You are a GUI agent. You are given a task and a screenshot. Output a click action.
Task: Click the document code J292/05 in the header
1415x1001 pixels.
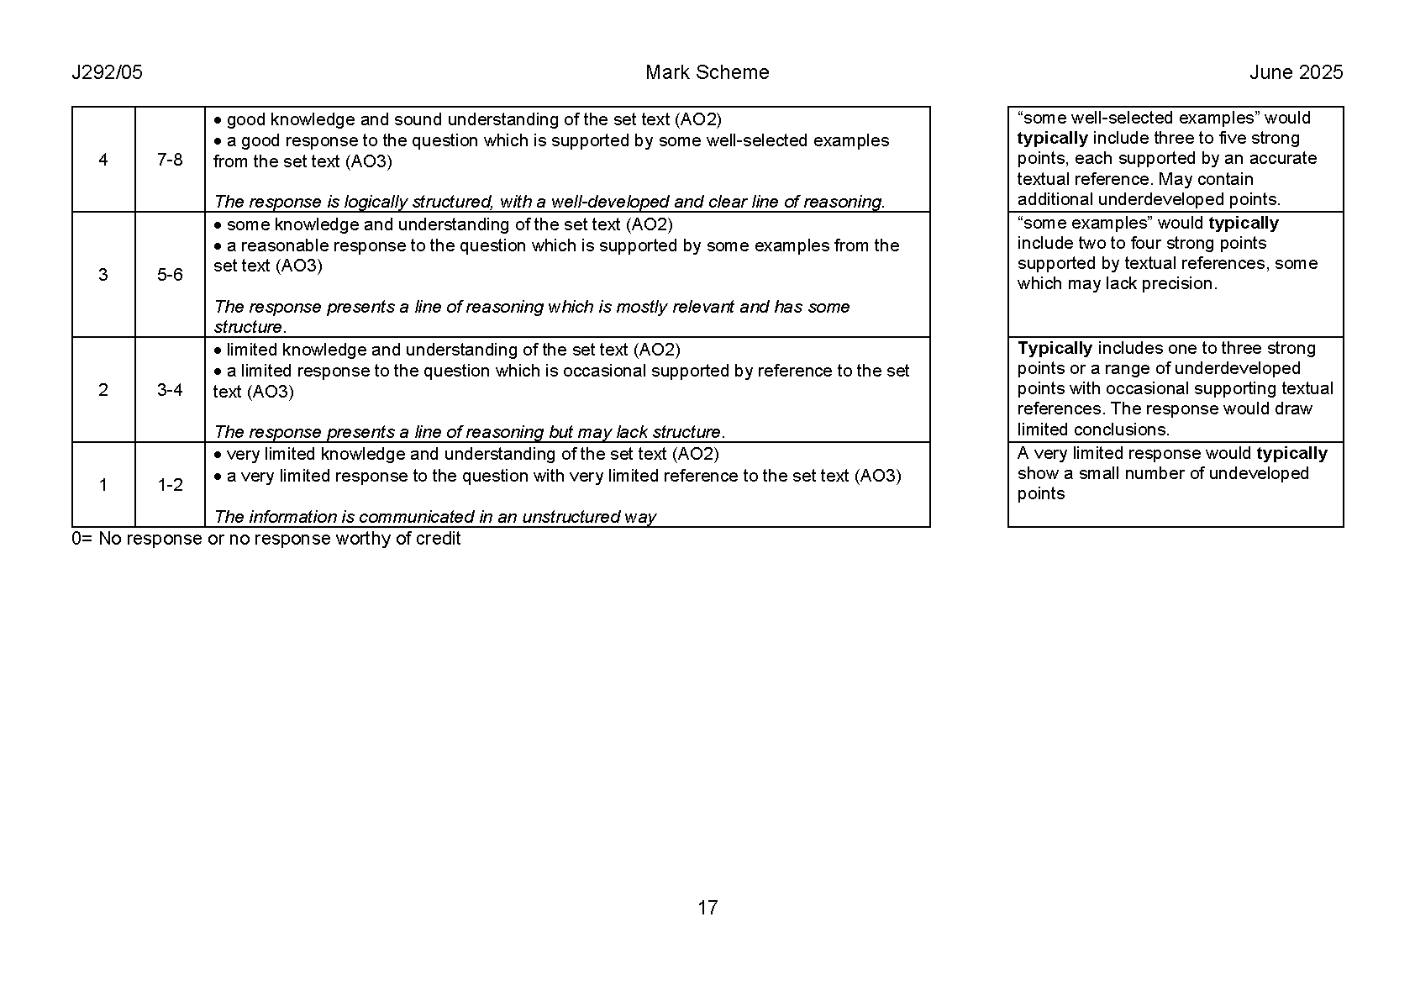pos(108,72)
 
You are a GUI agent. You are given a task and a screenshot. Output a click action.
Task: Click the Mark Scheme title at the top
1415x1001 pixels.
pos(707,72)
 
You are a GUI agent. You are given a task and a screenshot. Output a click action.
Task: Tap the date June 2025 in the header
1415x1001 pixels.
pos(1296,72)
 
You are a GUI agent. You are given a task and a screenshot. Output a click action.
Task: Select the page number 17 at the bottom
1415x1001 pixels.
pos(707,908)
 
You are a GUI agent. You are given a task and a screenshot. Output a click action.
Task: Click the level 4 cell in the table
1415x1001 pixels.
pos(103,160)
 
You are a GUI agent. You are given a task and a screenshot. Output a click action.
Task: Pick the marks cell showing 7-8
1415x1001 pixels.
pos(170,160)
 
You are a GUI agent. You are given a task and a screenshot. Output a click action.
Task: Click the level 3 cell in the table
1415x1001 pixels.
pos(103,275)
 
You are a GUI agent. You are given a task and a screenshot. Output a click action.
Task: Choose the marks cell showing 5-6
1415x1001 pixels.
pos(170,275)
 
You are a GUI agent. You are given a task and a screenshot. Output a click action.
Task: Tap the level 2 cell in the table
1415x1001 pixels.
pos(103,390)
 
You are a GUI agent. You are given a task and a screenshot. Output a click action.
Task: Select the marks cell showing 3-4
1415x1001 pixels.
pos(170,390)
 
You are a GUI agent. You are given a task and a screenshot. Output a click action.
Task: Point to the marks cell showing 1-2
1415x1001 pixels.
pos(170,485)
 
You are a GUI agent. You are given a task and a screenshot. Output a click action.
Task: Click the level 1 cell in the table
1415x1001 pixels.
pos(103,485)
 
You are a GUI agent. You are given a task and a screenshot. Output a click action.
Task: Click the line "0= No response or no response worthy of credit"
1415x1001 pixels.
pos(266,539)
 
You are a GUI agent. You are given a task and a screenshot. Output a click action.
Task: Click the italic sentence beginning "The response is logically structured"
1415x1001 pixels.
pos(550,202)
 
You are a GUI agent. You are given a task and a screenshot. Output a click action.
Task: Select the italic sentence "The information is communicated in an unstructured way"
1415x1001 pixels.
pos(435,517)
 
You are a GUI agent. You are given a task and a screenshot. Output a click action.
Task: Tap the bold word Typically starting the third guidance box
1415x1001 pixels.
pos(1055,348)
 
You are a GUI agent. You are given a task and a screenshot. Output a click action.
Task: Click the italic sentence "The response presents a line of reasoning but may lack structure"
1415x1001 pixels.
pos(470,432)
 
